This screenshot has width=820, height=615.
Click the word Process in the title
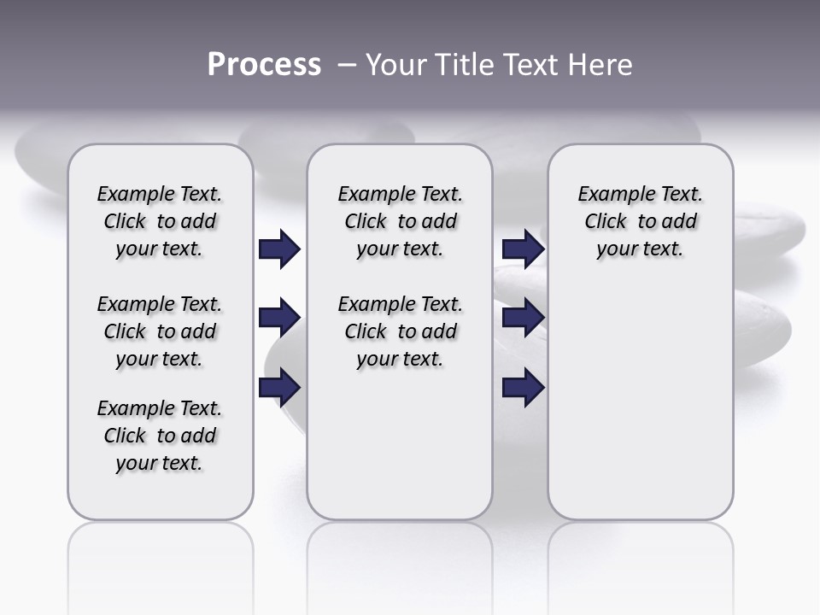coord(264,64)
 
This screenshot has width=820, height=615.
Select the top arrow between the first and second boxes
coord(279,249)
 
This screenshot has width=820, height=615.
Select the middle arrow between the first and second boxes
coord(279,318)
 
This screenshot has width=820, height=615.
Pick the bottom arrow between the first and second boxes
coord(279,388)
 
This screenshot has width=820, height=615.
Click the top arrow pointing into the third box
coord(523,249)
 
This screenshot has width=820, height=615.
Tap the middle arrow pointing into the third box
coord(523,318)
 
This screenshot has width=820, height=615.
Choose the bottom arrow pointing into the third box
coord(523,388)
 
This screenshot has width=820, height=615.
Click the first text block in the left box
coord(160,221)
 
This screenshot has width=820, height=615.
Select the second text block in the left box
coord(160,331)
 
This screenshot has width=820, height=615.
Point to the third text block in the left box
coord(160,436)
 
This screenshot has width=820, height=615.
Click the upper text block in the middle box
coord(400,221)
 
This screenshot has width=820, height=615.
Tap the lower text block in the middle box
coord(400,331)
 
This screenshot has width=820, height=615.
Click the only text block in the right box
coord(640,221)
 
